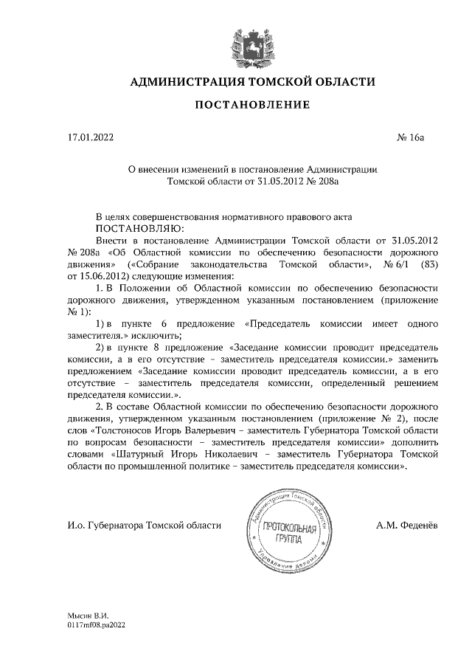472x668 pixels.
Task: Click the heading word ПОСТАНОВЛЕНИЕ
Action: coord(251,105)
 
